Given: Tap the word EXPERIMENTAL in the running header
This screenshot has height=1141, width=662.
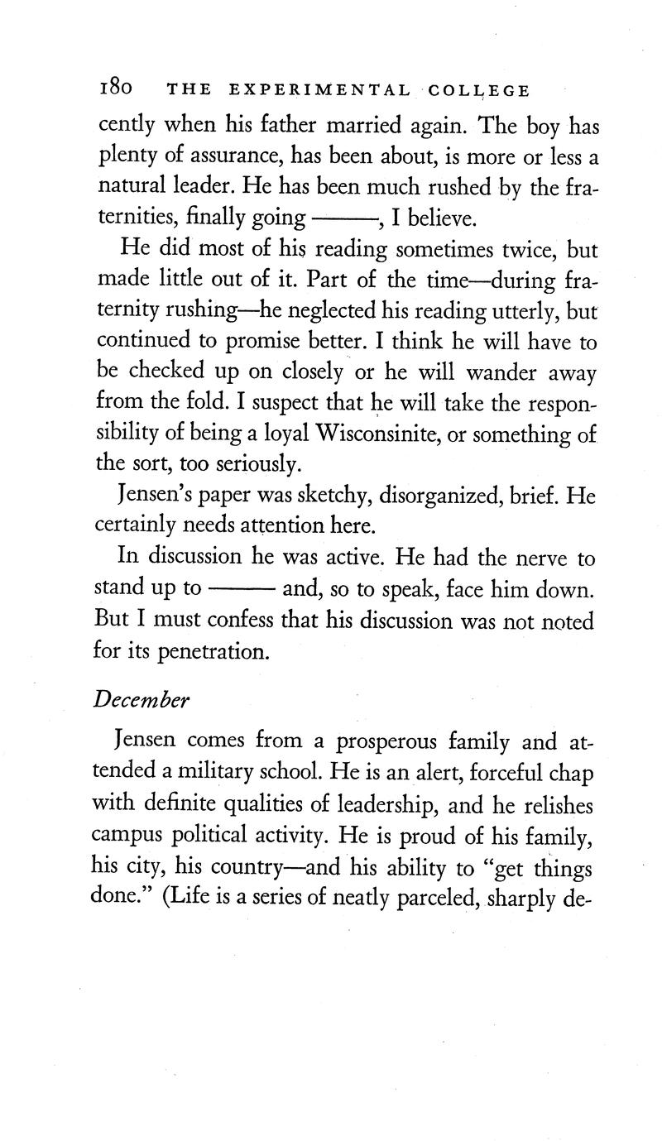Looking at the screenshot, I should (314, 90).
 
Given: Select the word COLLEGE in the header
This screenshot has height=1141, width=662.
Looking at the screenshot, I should (482, 90).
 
